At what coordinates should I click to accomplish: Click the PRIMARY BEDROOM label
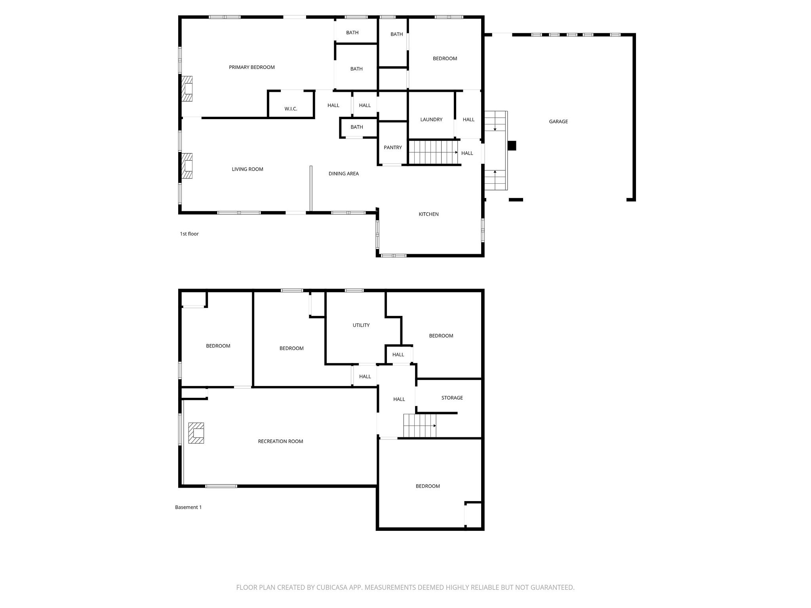[x=251, y=67]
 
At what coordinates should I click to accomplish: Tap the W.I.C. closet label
[x=291, y=109]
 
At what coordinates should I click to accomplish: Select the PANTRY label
[x=392, y=148]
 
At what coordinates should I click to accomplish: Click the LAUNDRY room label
[x=431, y=120]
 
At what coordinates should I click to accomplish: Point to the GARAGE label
[x=558, y=122]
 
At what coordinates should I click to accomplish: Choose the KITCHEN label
[x=428, y=214]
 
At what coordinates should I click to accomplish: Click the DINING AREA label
[x=343, y=173]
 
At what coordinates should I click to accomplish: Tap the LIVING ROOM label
[x=247, y=169]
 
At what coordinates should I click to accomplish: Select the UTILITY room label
[x=361, y=325]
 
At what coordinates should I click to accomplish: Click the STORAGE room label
[x=452, y=398]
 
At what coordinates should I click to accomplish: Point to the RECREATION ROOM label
[x=280, y=441]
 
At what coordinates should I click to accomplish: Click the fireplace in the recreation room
[x=196, y=433]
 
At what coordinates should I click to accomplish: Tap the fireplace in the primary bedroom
[x=187, y=89]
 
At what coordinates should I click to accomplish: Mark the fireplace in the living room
[x=187, y=166]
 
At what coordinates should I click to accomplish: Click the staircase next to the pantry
[x=433, y=152]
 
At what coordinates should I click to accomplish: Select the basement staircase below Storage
[x=420, y=426]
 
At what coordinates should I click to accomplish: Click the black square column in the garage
[x=512, y=146]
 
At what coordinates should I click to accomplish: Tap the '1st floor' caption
[x=189, y=234]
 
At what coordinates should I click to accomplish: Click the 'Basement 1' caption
[x=188, y=507]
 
